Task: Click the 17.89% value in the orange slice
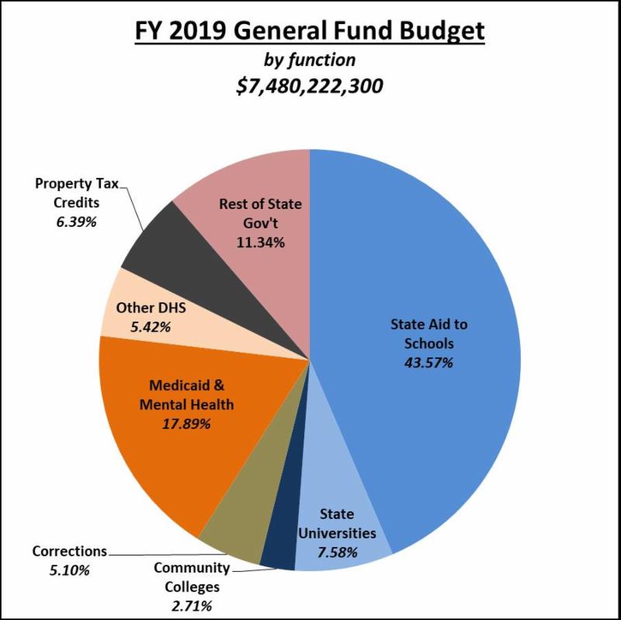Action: coord(186,423)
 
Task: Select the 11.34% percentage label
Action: coord(260,242)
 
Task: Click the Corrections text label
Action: coord(69,551)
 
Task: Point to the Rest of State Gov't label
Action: coord(260,214)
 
